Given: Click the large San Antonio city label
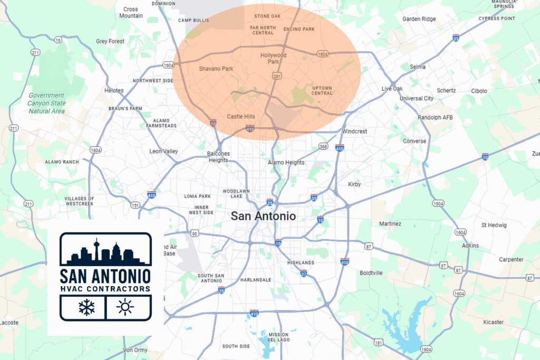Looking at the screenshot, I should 263,216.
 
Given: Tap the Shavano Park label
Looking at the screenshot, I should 216,69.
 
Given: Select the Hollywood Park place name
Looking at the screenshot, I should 273,59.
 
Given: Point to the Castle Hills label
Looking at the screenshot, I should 241,116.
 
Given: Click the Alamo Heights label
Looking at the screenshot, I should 286,162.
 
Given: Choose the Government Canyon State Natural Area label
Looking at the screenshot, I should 46,103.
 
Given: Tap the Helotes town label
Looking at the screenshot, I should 114,91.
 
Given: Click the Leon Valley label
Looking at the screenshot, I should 163,151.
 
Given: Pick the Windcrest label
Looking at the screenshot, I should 354,131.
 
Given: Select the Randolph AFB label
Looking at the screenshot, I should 435,117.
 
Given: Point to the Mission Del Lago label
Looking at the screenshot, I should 278,337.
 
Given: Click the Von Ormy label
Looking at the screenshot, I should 134,350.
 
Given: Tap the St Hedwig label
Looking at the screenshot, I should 494,225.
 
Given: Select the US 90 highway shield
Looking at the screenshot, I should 195,232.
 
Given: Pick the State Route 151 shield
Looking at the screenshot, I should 136,206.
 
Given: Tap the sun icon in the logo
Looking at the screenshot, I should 125,307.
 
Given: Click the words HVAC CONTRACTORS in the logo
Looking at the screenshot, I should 105,288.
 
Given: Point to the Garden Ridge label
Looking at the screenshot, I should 419,19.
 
